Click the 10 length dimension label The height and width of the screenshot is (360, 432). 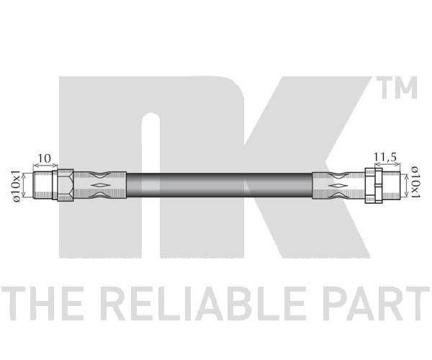tap(44, 158)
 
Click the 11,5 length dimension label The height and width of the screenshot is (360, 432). tap(385, 157)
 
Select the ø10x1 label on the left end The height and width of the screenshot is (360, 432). tap(17, 186)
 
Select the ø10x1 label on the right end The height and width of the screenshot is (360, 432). tap(415, 182)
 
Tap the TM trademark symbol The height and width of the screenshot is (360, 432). tap(397, 88)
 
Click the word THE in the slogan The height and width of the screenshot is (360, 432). tap(42, 303)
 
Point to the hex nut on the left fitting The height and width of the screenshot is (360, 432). tap(66, 185)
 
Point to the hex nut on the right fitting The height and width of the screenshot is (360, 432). tap(374, 185)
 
